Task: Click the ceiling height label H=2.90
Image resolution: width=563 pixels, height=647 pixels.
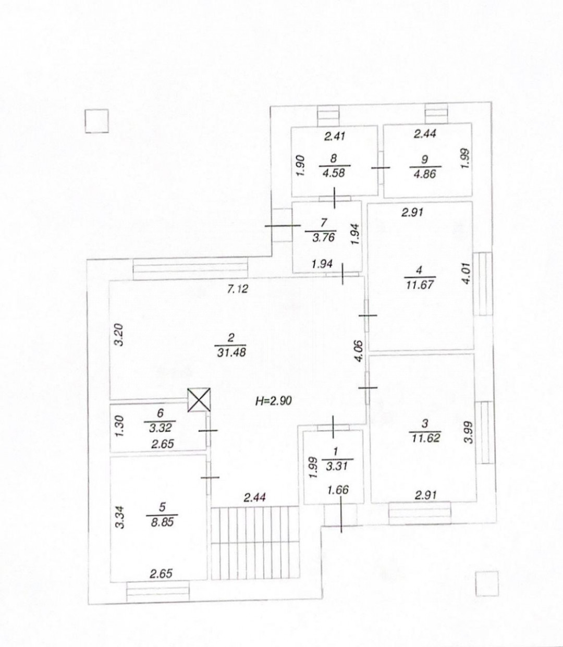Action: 273,401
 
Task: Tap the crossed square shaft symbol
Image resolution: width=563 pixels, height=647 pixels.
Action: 199,400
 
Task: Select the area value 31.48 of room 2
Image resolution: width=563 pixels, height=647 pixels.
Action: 231,352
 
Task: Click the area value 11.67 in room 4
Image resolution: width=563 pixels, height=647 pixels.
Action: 420,284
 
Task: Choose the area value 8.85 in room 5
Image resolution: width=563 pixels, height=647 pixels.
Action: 162,522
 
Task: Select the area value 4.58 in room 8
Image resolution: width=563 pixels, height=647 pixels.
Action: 335,174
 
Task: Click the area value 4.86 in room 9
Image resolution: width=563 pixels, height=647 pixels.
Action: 425,174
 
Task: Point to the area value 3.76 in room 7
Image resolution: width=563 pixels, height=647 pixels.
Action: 323,237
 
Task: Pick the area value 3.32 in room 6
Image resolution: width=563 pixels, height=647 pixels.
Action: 160,428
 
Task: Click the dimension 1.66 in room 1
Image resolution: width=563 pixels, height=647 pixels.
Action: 338,490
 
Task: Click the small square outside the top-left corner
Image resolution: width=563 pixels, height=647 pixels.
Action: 97,121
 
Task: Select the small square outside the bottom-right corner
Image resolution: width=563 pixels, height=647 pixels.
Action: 487,584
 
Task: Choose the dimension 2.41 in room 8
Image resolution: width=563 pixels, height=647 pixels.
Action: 335,137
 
